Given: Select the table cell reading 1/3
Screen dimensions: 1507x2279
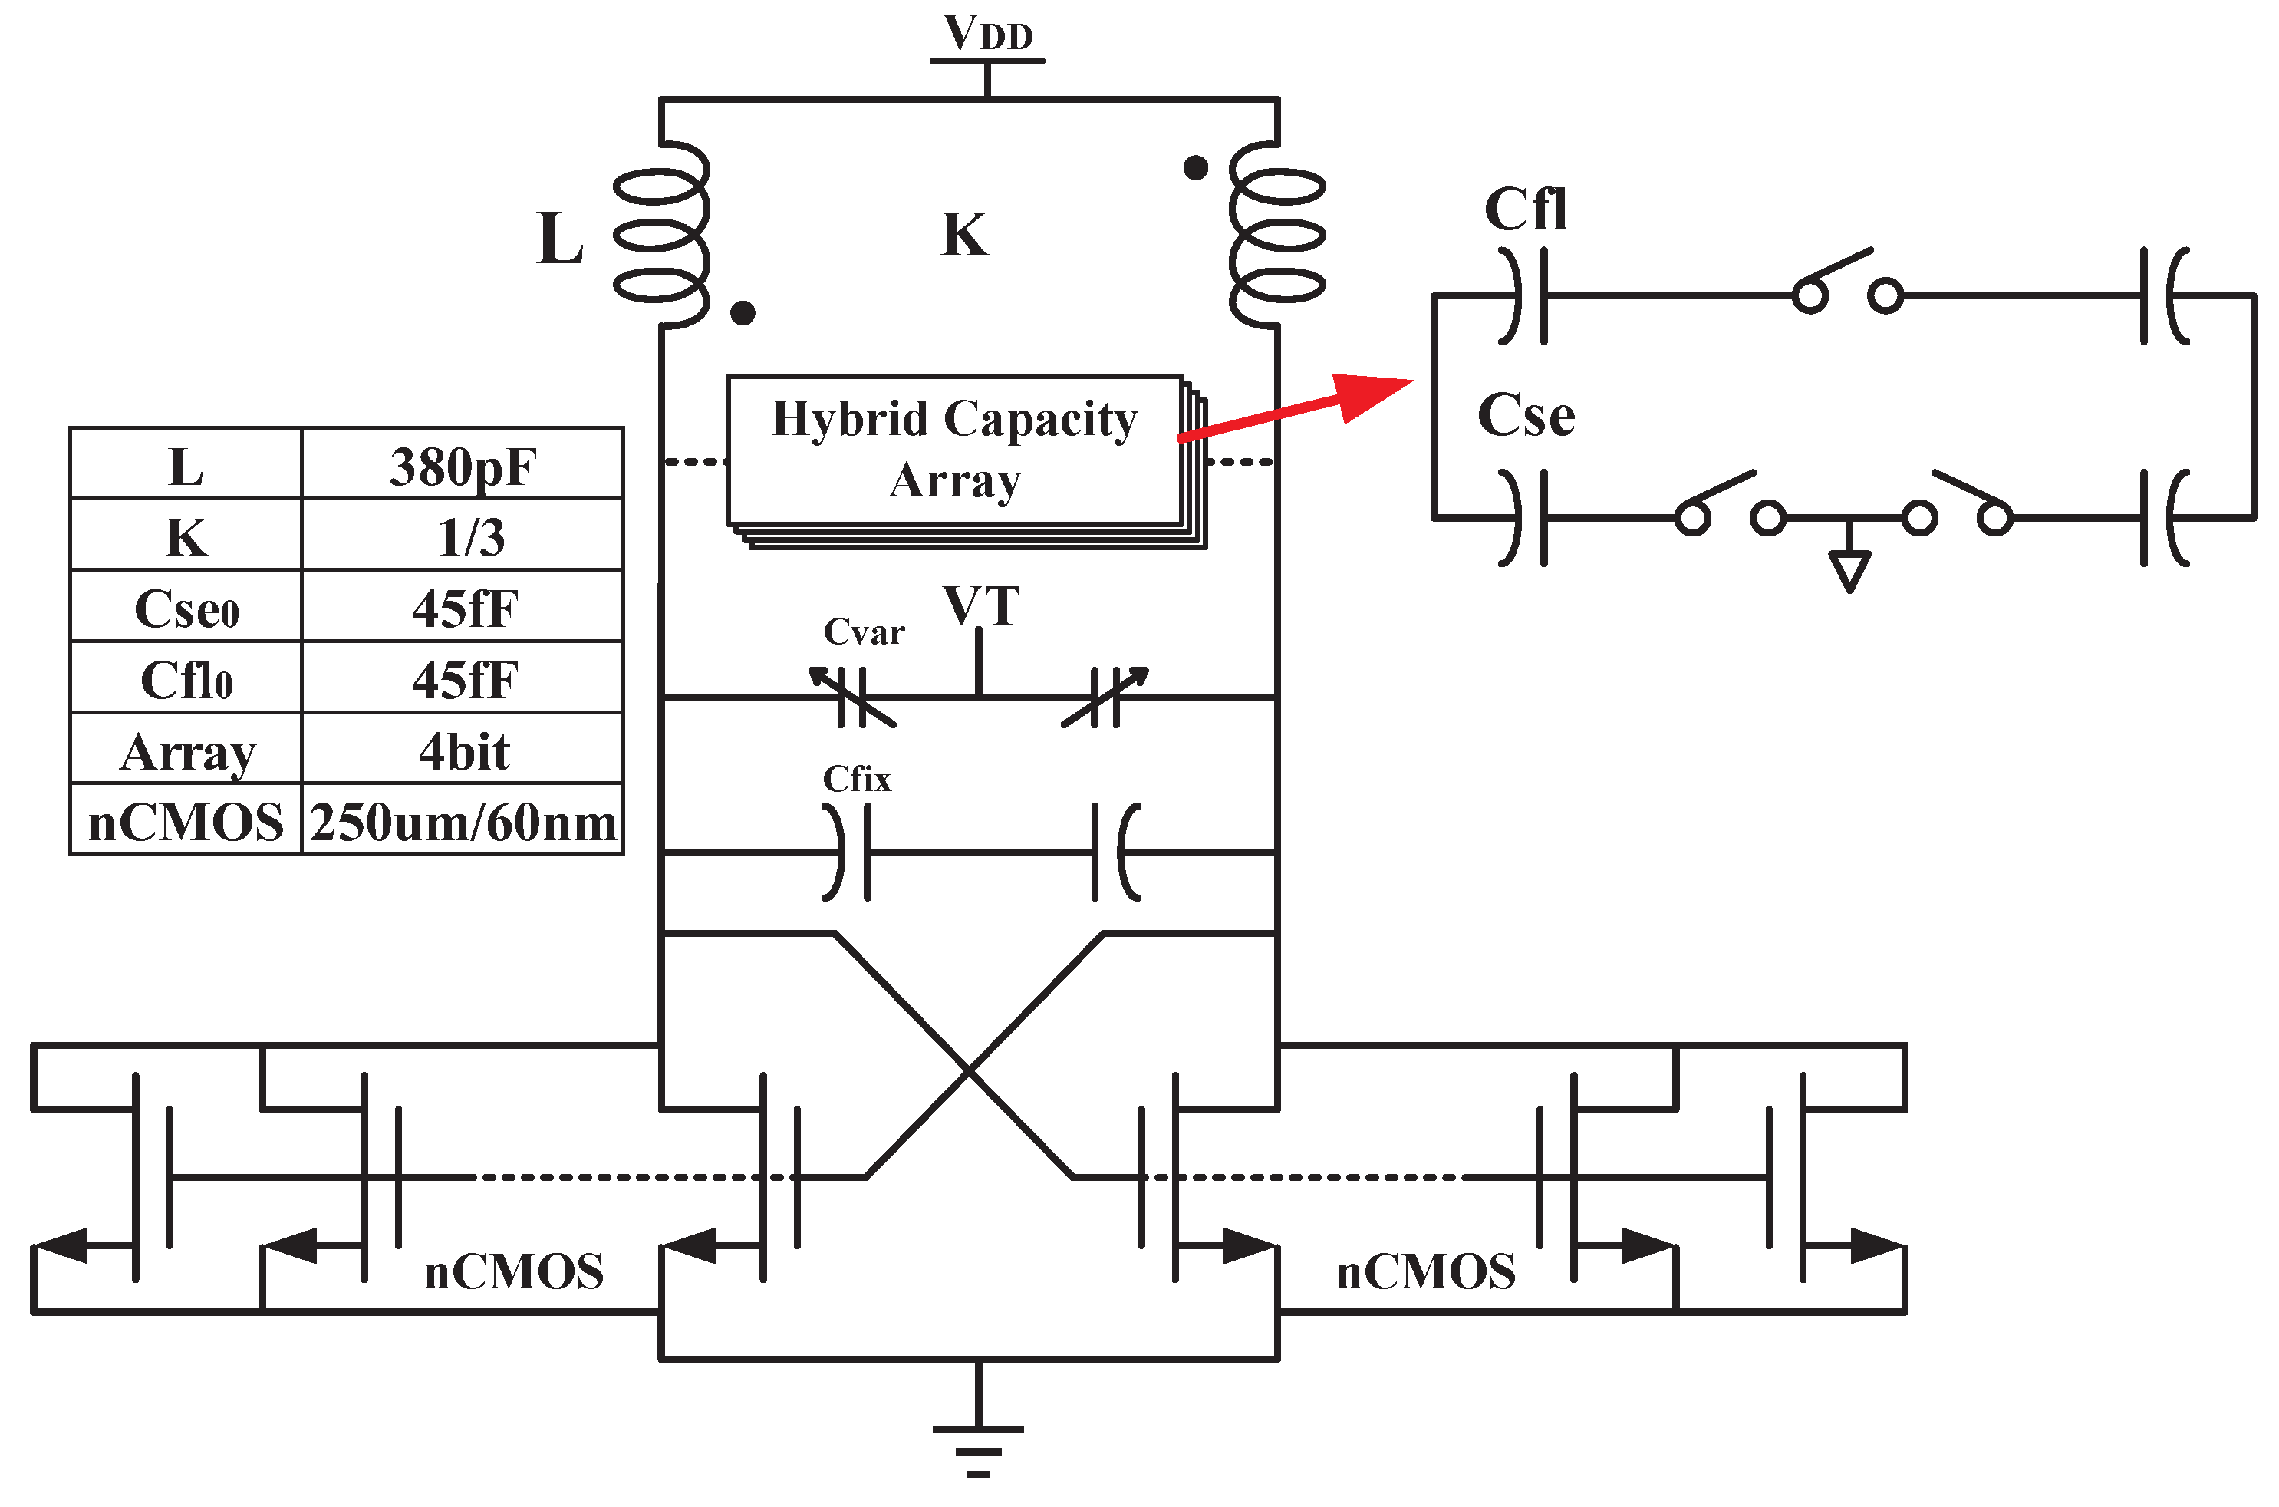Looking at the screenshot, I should click(471, 537).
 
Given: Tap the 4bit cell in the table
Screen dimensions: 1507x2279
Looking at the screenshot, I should click(463, 751).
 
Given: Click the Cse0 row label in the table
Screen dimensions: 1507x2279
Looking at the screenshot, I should click(186, 608).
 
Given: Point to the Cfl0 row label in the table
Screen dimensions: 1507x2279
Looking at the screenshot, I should click(186, 681).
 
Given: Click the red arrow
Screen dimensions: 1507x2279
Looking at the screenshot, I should click(1297, 408).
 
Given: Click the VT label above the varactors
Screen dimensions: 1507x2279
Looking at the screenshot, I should click(981, 606).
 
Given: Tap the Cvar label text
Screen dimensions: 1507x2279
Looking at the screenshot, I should click(864, 632).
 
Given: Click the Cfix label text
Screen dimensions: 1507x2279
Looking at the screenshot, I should click(856, 780).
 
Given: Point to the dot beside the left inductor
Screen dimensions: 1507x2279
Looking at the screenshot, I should click(743, 312).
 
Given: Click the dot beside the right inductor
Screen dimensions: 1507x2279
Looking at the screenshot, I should click(1195, 168).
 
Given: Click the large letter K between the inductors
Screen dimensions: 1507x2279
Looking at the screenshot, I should click(963, 236).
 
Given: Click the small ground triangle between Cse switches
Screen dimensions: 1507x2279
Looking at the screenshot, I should click(1849, 571).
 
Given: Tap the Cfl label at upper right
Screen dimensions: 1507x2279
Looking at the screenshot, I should click(1526, 209).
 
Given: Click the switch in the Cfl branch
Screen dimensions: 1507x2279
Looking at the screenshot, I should click(1846, 284).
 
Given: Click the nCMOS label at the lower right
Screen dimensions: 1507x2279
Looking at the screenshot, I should click(1425, 1272).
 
